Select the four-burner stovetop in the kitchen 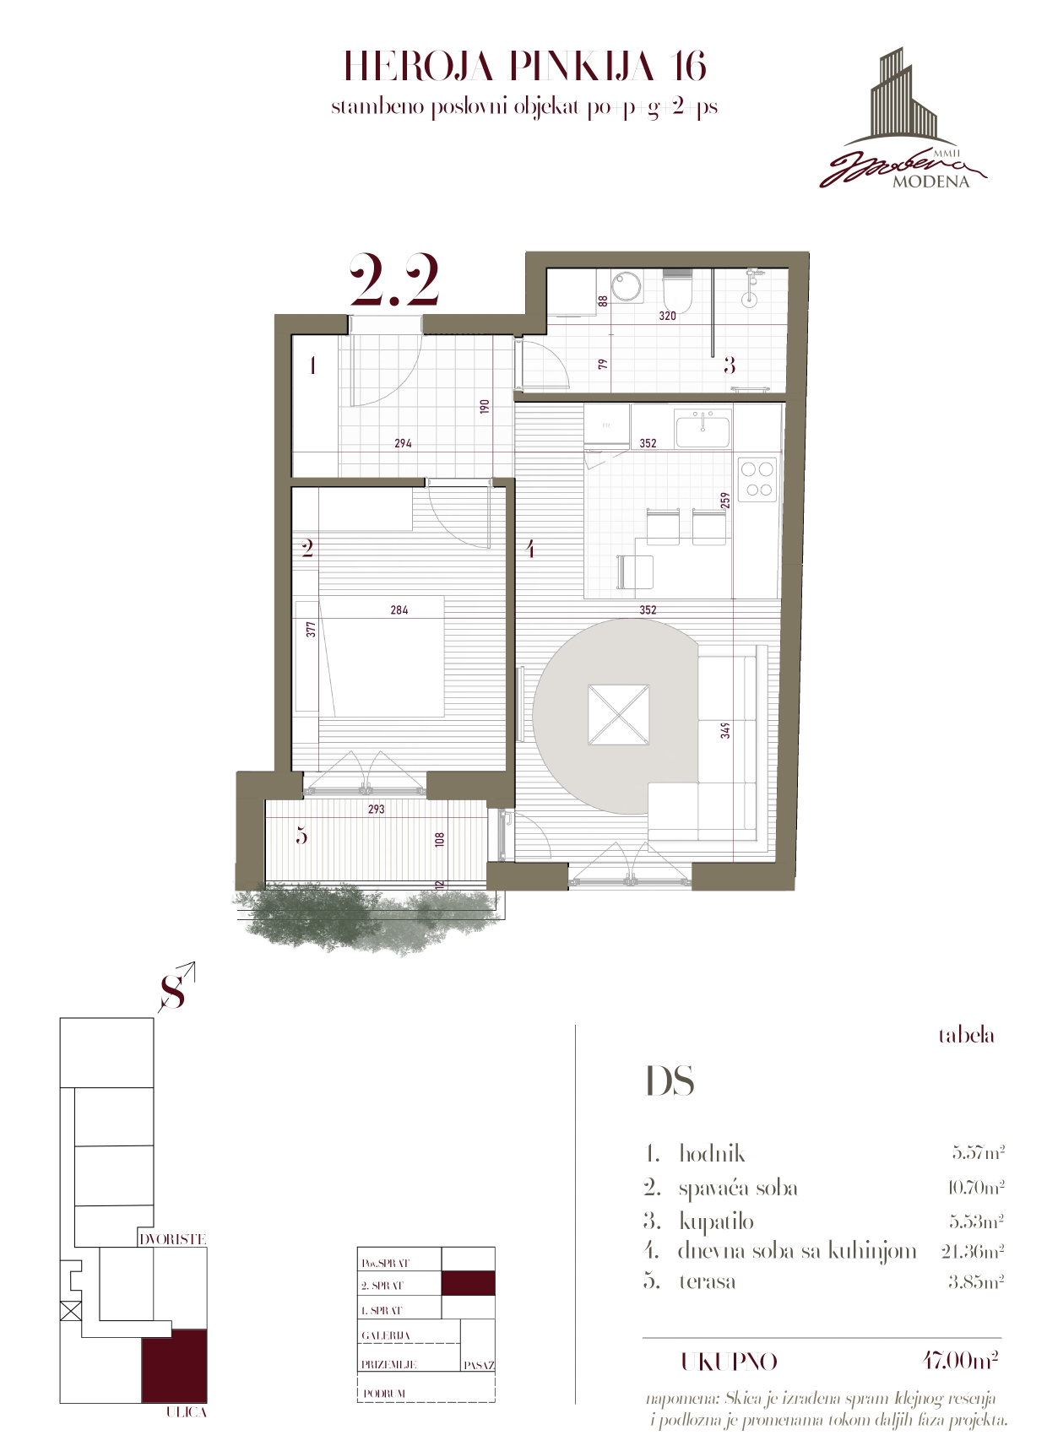pyautogui.click(x=757, y=479)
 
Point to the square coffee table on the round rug pyautogui.click(x=620, y=715)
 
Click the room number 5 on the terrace pyautogui.click(x=301, y=836)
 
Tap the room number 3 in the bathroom pyautogui.click(x=730, y=365)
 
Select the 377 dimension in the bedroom pyautogui.click(x=311, y=629)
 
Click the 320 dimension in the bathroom pyautogui.click(x=667, y=316)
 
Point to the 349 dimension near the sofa pyautogui.click(x=725, y=729)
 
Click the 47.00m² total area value pyautogui.click(x=960, y=1361)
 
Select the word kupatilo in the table pyautogui.click(x=716, y=1221)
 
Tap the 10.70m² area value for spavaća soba pyautogui.click(x=975, y=1188)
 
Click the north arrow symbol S pyautogui.click(x=174, y=992)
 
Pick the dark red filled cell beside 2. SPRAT pyautogui.click(x=469, y=1283)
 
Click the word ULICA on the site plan pyautogui.click(x=187, y=1412)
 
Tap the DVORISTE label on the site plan pyautogui.click(x=172, y=1239)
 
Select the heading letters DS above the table pyautogui.click(x=670, y=1081)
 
